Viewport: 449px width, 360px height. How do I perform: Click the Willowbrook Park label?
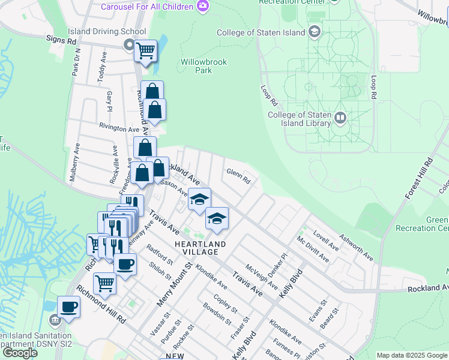tap(196, 66)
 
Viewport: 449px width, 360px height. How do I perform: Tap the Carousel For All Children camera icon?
tap(203, 6)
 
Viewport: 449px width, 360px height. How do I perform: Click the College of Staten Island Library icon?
tap(340, 117)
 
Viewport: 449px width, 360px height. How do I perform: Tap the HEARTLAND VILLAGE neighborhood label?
tap(200, 248)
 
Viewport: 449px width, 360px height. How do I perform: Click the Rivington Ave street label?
tap(119, 128)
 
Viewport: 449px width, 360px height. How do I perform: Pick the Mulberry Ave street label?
tap(74, 163)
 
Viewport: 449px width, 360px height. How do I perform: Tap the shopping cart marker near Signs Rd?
tap(145, 52)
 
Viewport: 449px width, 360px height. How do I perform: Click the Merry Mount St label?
tap(174, 284)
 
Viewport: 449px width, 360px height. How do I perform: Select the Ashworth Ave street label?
tap(357, 247)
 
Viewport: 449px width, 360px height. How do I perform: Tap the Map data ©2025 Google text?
tap(412, 355)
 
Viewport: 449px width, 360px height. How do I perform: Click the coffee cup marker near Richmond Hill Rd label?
tap(68, 307)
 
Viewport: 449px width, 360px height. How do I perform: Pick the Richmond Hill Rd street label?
tap(101, 308)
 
